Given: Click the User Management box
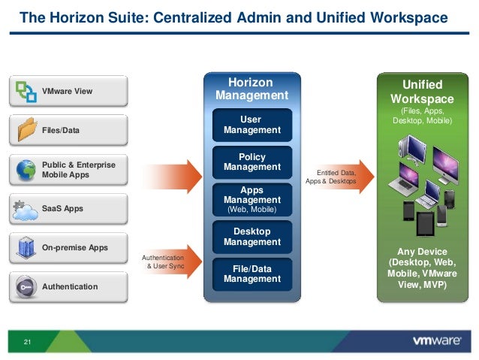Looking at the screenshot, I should click(x=252, y=125).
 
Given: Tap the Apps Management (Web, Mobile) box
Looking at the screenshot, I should click(x=252, y=200).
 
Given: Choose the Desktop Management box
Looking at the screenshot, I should click(x=252, y=237).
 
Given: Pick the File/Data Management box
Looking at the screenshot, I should click(x=252, y=274).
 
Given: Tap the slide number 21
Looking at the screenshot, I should click(x=27, y=343).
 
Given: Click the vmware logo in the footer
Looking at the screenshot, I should click(x=436, y=341).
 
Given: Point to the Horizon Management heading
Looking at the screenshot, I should click(x=252, y=89).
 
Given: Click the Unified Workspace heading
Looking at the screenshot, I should click(x=422, y=92).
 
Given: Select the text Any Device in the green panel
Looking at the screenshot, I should click(x=423, y=251).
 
